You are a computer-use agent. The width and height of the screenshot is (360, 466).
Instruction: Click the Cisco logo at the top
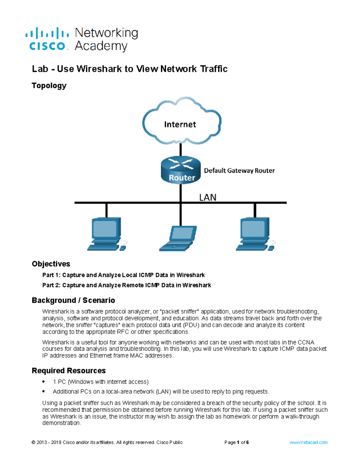tap(47, 39)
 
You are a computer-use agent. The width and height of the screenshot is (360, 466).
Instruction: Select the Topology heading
tap(49, 86)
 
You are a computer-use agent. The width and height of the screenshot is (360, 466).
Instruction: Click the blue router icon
tap(181, 170)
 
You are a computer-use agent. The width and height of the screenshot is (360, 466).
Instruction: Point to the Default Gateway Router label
tap(239, 170)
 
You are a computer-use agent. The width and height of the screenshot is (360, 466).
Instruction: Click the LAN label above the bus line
tap(208, 197)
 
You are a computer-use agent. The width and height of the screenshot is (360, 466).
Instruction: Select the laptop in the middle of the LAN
tap(178, 238)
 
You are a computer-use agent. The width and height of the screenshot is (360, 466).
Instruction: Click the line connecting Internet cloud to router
tap(181, 150)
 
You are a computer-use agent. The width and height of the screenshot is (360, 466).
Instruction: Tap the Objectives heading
tap(51, 264)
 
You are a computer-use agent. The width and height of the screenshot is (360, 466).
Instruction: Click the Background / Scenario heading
tap(73, 300)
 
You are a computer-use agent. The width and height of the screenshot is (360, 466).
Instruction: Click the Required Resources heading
tap(68, 371)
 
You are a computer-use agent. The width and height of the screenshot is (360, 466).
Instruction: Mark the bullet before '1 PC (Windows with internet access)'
tap(44, 382)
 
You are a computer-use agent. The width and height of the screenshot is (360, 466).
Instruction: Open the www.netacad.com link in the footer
tap(308, 442)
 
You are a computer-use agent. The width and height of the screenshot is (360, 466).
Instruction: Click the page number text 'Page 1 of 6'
tap(236, 442)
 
